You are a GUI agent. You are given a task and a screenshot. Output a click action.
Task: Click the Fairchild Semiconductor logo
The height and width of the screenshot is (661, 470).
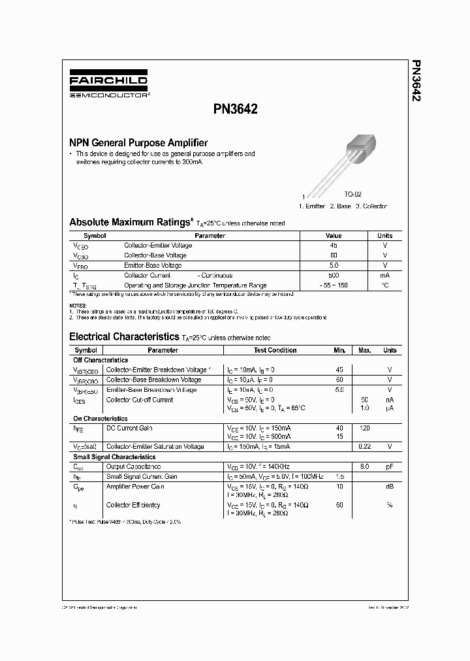coord(108,85)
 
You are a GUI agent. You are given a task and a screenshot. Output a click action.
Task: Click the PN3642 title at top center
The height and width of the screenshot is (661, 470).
coord(236,110)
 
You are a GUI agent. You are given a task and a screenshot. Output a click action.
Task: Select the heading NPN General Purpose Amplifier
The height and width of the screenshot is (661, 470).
coord(138,142)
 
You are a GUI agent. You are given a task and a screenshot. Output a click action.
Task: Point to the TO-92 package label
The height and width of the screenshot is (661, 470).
coord(352,195)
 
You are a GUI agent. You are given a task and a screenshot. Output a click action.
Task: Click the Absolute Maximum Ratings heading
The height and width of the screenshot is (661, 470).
coord(131,223)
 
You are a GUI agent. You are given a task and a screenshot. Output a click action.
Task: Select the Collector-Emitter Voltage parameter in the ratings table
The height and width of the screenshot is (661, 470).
coord(158,246)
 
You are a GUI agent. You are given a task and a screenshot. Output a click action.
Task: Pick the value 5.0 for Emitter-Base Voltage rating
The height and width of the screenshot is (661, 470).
coord(334,265)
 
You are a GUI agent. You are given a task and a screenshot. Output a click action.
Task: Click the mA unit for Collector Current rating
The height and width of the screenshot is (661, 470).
coord(385,276)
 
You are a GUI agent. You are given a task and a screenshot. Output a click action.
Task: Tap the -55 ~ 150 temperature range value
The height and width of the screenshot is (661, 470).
coord(334,285)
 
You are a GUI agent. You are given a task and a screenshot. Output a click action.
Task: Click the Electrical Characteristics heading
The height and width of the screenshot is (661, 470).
coord(124,337)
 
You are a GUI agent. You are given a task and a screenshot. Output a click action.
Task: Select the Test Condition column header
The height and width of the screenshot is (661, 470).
coord(275,350)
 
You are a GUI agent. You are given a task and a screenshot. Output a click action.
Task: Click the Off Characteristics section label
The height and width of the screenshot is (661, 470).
coord(101,360)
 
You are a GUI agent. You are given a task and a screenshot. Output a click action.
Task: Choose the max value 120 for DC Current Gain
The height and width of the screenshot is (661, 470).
coord(364,428)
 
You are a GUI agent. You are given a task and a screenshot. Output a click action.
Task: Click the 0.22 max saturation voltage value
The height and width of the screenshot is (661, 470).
coord(364,447)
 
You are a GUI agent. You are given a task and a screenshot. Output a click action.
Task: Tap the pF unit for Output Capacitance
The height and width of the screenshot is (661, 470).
coord(390,467)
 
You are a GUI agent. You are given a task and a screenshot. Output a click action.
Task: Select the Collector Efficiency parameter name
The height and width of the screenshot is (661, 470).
coord(133,505)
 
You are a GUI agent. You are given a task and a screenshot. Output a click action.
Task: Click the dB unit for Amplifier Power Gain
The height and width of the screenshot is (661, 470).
coord(390,487)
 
